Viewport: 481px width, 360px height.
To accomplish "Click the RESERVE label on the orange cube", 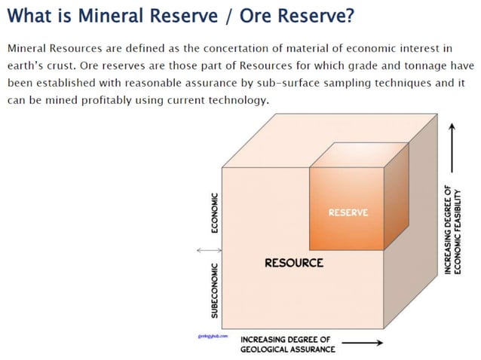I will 348,213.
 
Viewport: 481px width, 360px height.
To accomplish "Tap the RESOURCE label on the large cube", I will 293,263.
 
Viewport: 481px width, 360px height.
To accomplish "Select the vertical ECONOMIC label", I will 214,214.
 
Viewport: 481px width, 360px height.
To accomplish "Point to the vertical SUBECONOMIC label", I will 214,290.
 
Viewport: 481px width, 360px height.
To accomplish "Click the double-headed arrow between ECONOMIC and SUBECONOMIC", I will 205,250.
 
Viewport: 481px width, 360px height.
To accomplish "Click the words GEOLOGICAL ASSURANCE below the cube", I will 287,349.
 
